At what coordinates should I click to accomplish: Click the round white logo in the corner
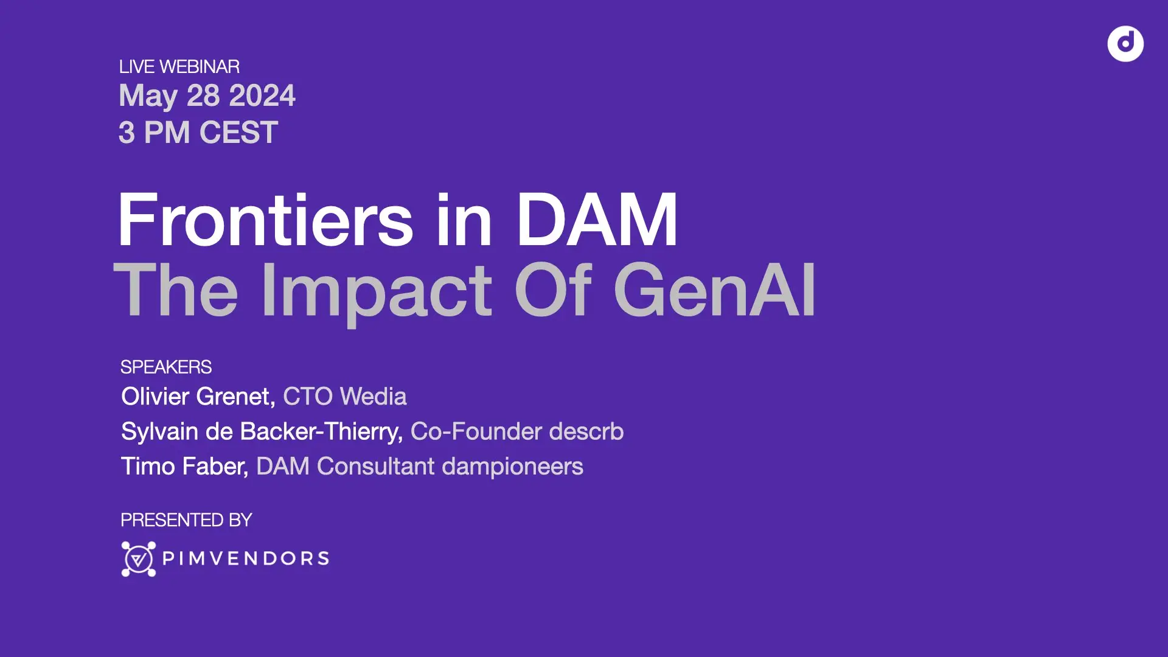[1125, 44]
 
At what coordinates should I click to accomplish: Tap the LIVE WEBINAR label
[179, 66]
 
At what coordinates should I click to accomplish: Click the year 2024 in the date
[262, 96]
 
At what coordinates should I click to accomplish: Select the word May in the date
[148, 96]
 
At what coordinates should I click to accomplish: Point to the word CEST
[238, 133]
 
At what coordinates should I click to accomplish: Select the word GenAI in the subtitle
[715, 290]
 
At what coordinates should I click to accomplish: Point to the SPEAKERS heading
[165, 367]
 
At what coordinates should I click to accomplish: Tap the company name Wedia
[373, 397]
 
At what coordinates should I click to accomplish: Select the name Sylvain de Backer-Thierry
[262, 431]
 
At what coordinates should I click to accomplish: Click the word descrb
[586, 431]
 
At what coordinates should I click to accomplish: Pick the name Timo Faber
[184, 467]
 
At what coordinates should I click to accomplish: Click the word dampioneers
[512, 467]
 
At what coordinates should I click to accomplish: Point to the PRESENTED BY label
[186, 520]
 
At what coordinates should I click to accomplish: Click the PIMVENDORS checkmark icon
[139, 558]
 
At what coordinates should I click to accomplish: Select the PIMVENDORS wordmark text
[246, 558]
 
